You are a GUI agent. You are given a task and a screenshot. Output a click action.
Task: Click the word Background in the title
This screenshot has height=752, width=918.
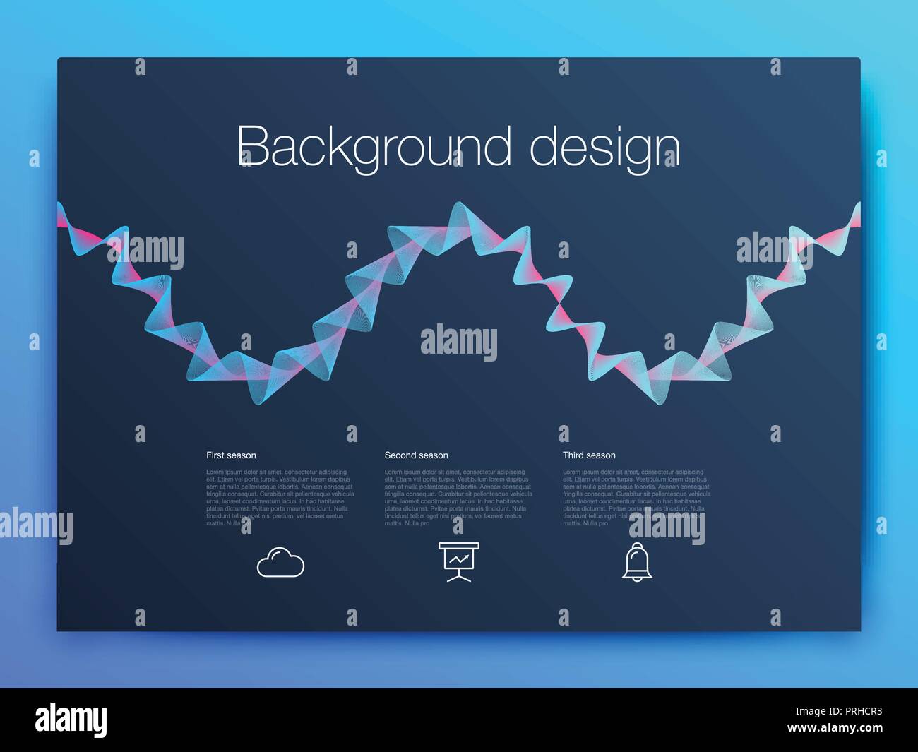374,146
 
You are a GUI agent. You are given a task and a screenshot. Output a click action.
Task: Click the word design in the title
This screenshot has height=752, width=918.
604,146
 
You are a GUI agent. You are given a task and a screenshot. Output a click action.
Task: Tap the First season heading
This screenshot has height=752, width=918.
231,455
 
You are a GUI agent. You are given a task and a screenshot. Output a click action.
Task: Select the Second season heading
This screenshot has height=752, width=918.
416,455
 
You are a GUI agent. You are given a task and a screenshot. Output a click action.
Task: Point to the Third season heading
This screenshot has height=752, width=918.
589,455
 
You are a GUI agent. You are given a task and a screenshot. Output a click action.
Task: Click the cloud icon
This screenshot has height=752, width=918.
280,563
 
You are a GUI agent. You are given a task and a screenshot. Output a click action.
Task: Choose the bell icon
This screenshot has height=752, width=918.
637,563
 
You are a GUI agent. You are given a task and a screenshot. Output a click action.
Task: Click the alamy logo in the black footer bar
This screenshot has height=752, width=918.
71,720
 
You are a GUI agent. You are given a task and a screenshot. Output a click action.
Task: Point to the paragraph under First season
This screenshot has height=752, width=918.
280,498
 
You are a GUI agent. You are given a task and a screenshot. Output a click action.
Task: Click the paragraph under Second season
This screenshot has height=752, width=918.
458,498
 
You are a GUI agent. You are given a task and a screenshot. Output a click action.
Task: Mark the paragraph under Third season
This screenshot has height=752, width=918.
636,498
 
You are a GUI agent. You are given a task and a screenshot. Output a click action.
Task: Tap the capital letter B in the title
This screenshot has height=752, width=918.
251,146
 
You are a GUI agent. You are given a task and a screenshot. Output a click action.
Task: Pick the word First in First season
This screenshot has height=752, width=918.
215,455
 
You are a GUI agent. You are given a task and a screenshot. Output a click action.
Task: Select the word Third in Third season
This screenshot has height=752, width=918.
573,455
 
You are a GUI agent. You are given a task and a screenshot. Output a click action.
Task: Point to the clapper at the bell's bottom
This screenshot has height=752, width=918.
637,580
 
